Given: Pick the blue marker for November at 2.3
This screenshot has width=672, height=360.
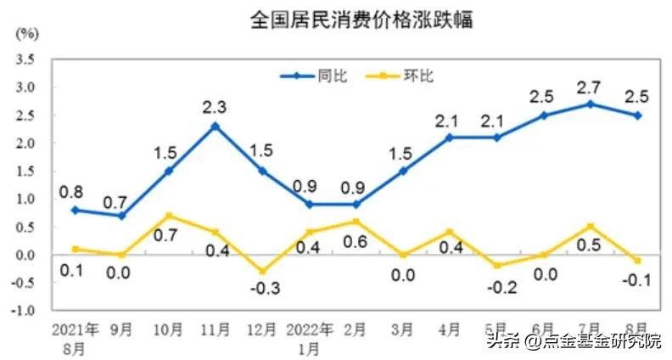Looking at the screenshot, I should [216, 126].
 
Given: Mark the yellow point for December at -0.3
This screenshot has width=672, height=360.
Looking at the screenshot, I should [261, 272].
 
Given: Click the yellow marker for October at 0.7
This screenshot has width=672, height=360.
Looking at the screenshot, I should [169, 216].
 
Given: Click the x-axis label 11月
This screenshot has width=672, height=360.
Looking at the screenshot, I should [216, 329].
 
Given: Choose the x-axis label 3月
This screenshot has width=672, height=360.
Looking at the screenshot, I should [403, 329].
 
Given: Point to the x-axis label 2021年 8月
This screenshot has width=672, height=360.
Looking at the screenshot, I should [76, 337].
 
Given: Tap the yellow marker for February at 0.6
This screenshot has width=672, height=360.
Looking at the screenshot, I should [356, 221].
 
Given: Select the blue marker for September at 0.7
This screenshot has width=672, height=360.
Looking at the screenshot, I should [122, 216].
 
